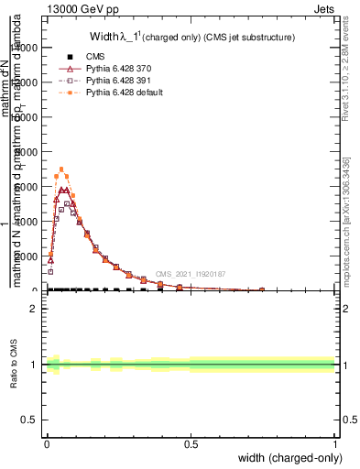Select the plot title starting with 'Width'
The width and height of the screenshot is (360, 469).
point(192,38)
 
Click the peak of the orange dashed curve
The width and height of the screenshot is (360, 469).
point(61,169)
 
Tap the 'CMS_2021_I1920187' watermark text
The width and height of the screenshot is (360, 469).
point(190,274)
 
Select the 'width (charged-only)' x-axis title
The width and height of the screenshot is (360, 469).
point(290,457)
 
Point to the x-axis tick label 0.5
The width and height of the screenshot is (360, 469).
point(191,443)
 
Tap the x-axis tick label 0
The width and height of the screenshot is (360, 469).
point(47,443)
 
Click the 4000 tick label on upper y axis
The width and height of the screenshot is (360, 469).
point(28,221)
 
